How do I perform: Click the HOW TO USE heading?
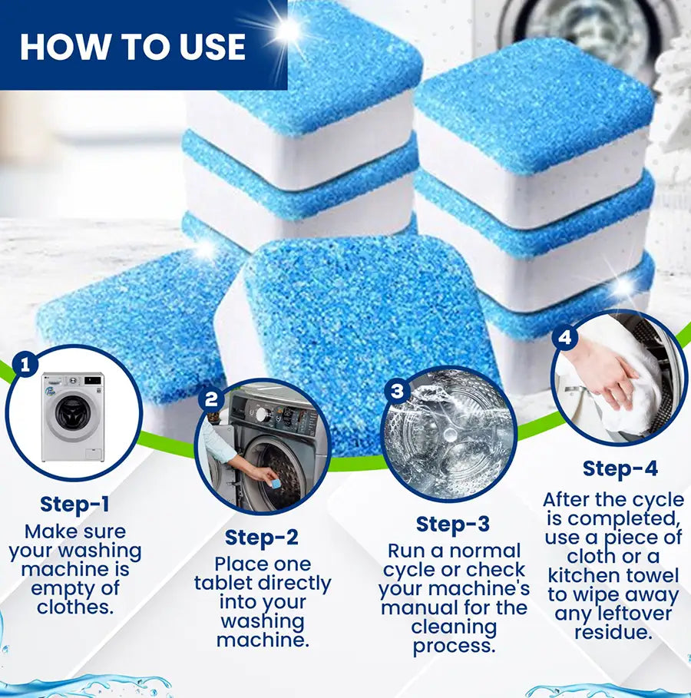[133, 45]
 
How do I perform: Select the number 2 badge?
[212, 399]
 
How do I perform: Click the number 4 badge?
[566, 336]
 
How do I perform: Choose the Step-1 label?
[74, 504]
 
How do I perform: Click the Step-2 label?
[262, 537]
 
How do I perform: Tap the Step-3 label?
[452, 524]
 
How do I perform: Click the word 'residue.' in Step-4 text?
[613, 633]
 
